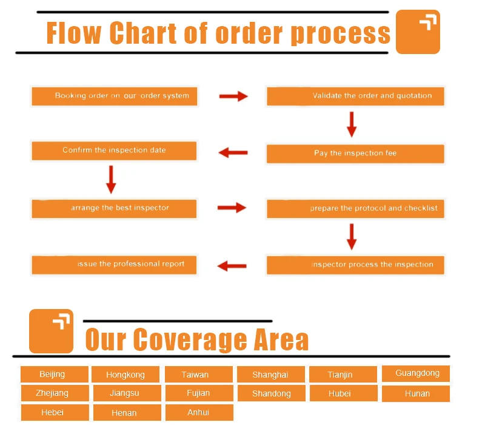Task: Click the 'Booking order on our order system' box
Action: [x=114, y=96]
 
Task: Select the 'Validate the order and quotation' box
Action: [x=355, y=96]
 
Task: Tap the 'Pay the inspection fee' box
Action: [x=355, y=153]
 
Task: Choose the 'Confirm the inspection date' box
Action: [x=114, y=151]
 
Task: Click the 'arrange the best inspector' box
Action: [x=114, y=208]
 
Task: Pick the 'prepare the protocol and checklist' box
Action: [x=355, y=208]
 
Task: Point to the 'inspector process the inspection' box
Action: [x=355, y=265]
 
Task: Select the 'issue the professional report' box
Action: [x=114, y=264]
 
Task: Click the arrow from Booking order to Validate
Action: [x=233, y=96]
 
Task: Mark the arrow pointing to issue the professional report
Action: [x=232, y=265]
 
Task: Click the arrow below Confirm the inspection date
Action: [x=111, y=178]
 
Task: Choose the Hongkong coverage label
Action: [x=125, y=375]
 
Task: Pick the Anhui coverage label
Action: [x=198, y=412]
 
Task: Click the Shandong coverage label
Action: [x=271, y=393]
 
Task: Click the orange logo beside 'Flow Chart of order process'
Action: [x=418, y=32]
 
